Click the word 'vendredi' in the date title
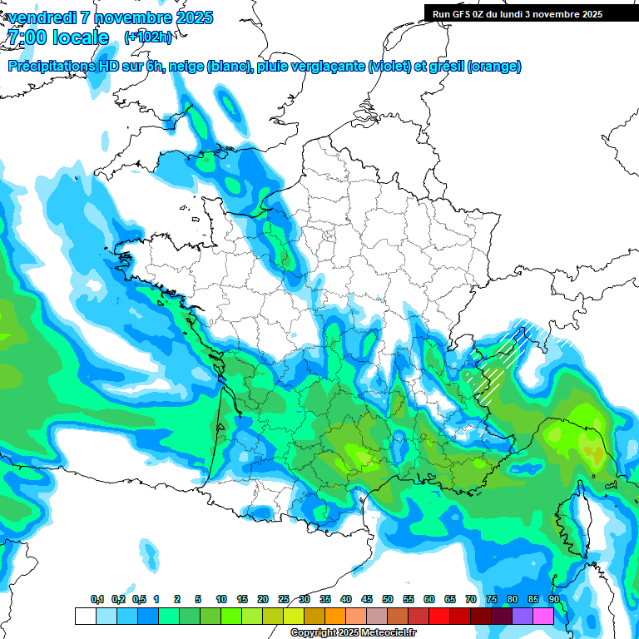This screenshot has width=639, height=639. point(42,17)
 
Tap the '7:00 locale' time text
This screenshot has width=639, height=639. point(57,37)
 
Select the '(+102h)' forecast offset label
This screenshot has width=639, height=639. point(148,37)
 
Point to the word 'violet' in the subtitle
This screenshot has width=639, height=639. point(389,66)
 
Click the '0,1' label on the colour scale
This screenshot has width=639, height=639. point(97,600)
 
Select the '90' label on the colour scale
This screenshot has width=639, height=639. point(553,600)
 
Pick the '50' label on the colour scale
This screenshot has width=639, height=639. point(387,600)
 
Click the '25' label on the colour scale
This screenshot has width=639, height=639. point(284,600)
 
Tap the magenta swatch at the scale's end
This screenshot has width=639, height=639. point(542,616)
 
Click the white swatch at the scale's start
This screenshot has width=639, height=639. point(85,616)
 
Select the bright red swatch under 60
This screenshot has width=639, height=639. point(438,616)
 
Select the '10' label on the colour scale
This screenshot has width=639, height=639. point(221,600)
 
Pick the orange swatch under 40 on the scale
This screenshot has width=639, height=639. point(334,616)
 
